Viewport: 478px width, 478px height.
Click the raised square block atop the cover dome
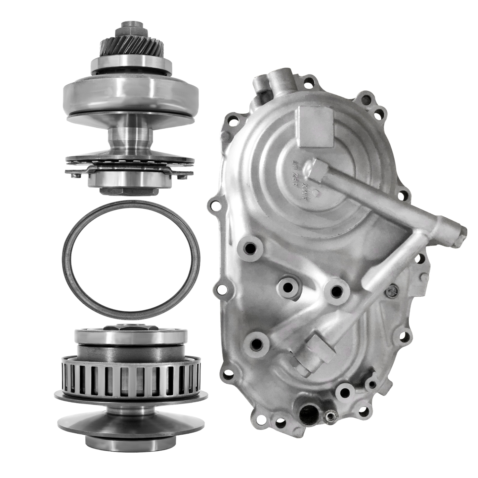[x=314, y=127]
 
